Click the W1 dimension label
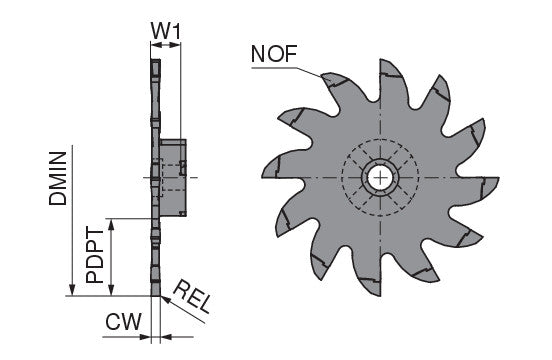[x=166, y=31]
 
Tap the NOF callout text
[x=274, y=54]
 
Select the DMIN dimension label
[x=58, y=178]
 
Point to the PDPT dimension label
[x=95, y=255]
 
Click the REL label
[x=193, y=296]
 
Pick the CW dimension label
[x=124, y=321]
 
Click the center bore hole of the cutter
[x=380, y=177]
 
